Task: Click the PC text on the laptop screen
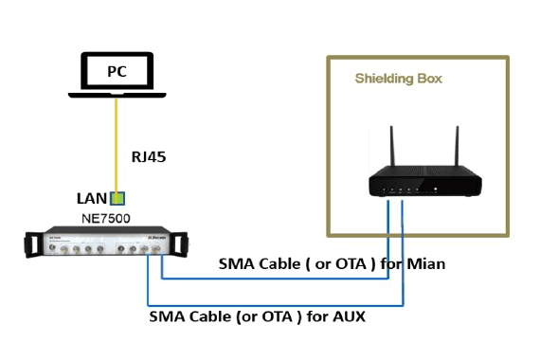click(117, 71)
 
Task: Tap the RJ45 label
click(149, 157)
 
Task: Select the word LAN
click(92, 199)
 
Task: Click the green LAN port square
click(117, 198)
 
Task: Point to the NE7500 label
click(106, 219)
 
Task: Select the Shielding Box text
click(399, 79)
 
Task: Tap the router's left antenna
click(392, 147)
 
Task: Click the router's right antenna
click(457, 147)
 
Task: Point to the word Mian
click(426, 264)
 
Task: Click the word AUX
click(349, 316)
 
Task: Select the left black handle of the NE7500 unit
click(32, 245)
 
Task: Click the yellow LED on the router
click(436, 189)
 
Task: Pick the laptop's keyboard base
click(117, 95)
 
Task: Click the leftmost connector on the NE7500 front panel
click(52, 247)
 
